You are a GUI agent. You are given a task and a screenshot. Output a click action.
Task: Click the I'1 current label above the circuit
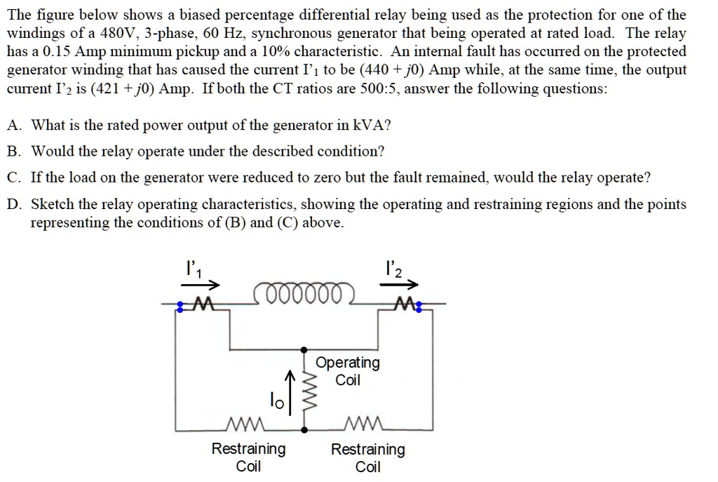[x=191, y=268]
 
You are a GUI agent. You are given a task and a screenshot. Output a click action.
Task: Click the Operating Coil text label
[x=348, y=371]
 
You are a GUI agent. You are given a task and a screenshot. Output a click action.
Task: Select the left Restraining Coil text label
[x=248, y=457]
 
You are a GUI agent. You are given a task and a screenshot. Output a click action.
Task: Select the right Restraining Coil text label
[x=368, y=457]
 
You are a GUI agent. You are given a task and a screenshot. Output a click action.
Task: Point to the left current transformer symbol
[x=197, y=304]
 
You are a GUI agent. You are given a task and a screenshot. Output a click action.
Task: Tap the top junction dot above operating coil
[x=304, y=349]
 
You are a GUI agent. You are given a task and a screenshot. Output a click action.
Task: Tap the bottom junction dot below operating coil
[x=304, y=428]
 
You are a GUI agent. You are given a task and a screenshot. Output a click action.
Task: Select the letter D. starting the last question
[x=14, y=204]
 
